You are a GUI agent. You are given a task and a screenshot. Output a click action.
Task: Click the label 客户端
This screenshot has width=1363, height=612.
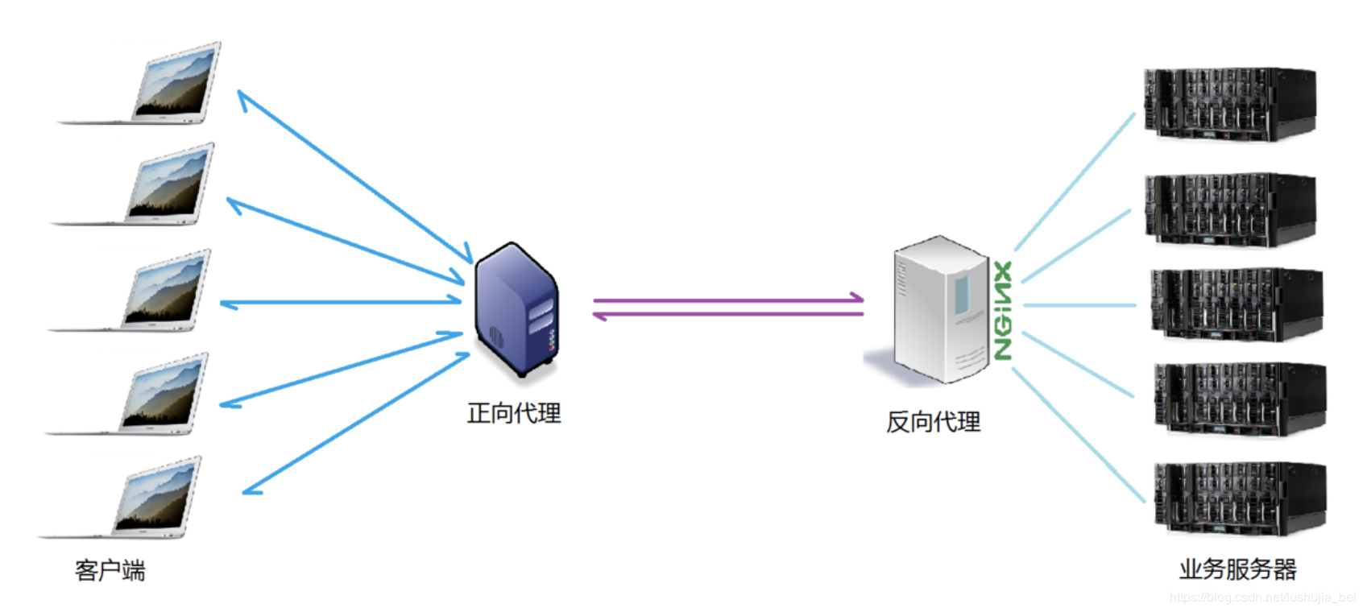110,571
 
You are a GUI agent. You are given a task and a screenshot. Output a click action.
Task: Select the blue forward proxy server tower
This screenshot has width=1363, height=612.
516,310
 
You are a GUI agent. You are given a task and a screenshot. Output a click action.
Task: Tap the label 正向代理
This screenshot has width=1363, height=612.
514,414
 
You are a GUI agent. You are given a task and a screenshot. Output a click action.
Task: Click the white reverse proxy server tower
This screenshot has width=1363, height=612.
939,310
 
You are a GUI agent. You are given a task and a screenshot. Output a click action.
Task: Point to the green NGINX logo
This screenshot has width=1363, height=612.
1002,310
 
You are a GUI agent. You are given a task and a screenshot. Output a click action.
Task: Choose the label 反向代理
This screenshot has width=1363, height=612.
933,422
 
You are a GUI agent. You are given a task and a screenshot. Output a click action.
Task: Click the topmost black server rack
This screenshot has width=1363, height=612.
1229,105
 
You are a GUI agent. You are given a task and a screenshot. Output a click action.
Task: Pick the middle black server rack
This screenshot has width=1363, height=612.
1236,304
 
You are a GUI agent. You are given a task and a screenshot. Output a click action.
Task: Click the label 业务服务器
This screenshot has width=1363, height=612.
1237,570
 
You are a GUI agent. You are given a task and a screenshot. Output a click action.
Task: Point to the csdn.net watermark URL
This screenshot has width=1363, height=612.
1262,598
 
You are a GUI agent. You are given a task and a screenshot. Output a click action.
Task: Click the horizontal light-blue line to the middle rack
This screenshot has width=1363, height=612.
1079,305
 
